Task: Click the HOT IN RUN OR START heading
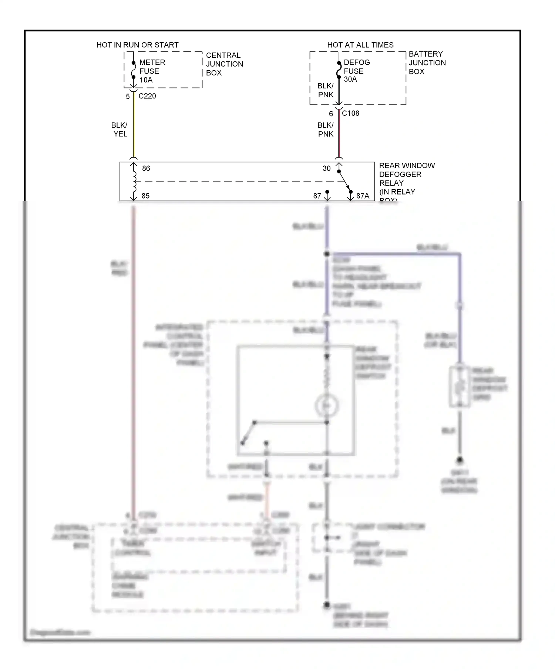pyautogui.click(x=137, y=45)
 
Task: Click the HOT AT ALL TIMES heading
pyautogui.click(x=360, y=45)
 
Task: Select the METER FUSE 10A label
pyautogui.click(x=152, y=71)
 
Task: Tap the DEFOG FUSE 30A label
pyautogui.click(x=356, y=71)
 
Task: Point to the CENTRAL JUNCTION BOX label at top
pyautogui.click(x=224, y=64)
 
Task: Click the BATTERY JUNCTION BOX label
pyautogui.click(x=427, y=63)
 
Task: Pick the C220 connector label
pyautogui.click(x=147, y=96)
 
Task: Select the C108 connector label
pyautogui.click(x=350, y=113)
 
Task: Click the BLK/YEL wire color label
pyautogui.click(x=120, y=129)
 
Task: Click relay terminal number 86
pyautogui.click(x=146, y=168)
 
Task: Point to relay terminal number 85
pyautogui.click(x=145, y=196)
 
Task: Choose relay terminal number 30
pyautogui.click(x=326, y=168)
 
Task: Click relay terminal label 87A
pyautogui.click(x=363, y=196)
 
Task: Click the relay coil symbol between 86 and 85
pyautogui.click(x=134, y=182)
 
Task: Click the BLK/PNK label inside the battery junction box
pyautogui.click(x=325, y=90)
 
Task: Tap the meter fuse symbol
pyautogui.click(x=134, y=70)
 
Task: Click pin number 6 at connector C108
pyautogui.click(x=331, y=114)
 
